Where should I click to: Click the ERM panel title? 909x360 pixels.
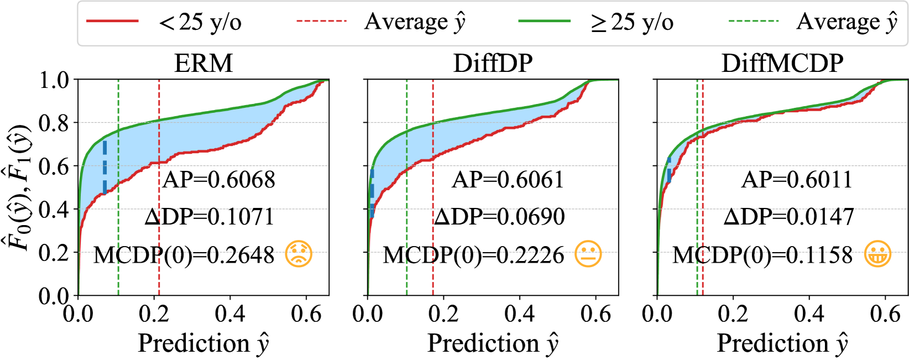coord(203,64)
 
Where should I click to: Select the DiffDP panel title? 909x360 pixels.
coord(493,64)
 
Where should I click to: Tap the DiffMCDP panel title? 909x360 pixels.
coord(782,64)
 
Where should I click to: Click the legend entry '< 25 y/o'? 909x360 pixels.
coord(200,22)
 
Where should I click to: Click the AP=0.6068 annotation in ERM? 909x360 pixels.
coord(219,180)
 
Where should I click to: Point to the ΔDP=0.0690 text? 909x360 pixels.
coord(499,217)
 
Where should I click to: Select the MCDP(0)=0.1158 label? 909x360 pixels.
coord(762,255)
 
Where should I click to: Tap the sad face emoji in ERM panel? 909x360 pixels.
coord(299,255)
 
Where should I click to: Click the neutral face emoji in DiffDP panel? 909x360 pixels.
coord(588,255)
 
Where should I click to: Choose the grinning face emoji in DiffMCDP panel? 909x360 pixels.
coord(877,255)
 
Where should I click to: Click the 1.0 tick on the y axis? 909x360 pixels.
coord(54,80)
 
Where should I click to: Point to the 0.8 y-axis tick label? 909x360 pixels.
coord(54,123)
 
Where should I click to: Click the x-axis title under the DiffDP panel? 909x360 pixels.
coord(493,343)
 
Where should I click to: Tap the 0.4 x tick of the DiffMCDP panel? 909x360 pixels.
coord(809,314)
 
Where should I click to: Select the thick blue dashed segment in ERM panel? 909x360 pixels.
coord(105,167)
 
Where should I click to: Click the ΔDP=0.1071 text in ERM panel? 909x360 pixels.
coord(210,217)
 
